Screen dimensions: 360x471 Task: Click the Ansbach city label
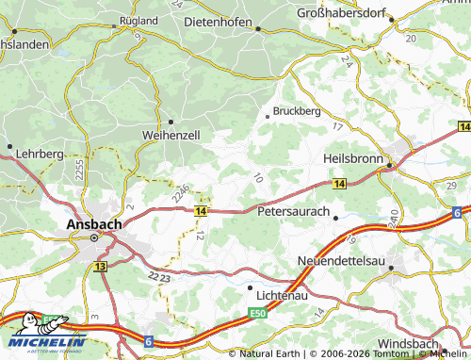point(93,224)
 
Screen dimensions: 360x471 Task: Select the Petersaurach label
point(293,214)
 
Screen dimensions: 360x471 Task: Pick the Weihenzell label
point(171,135)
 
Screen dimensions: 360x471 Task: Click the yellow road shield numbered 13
point(100,269)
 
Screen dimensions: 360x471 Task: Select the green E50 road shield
point(259,311)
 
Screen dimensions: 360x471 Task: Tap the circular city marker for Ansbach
point(94,239)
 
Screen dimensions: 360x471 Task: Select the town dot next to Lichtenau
point(250,286)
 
